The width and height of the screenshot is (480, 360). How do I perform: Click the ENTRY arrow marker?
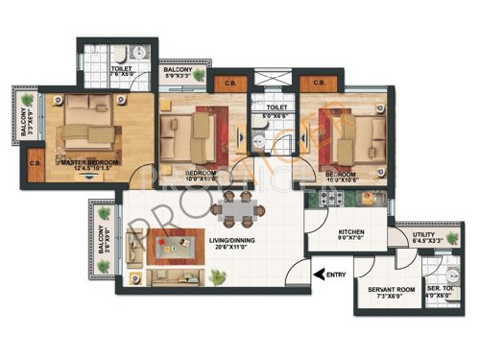319,277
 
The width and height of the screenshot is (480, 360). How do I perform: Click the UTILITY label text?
424,233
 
